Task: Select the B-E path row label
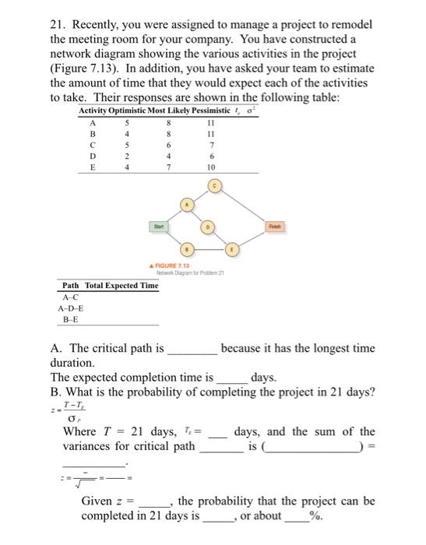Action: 69,319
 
